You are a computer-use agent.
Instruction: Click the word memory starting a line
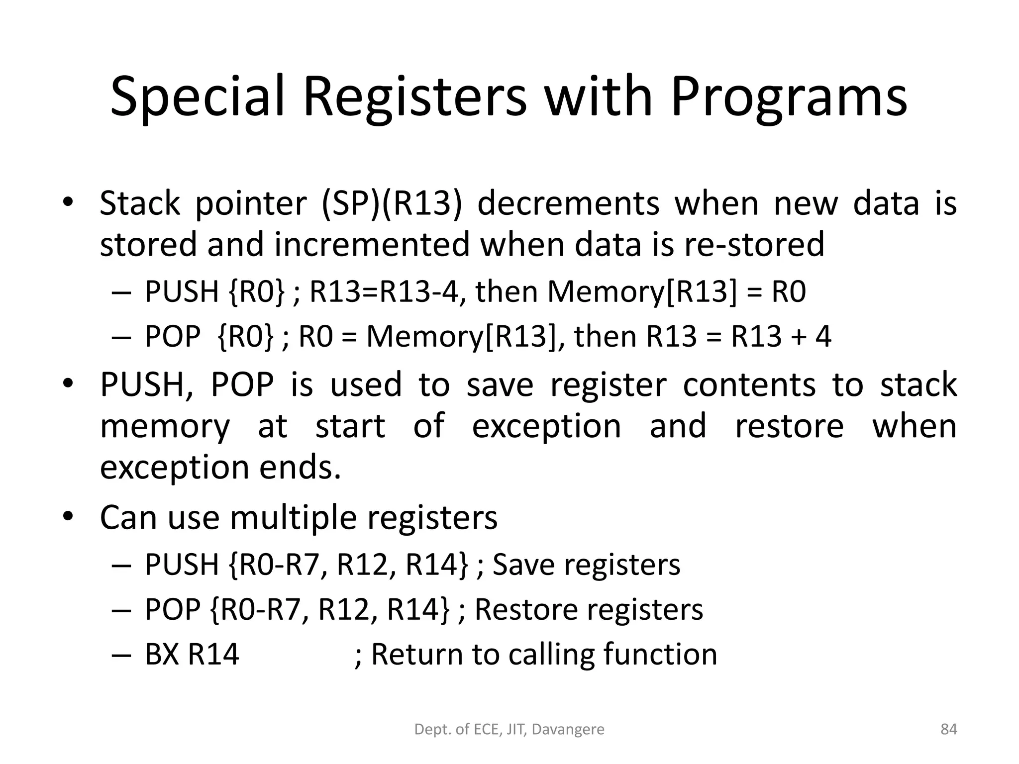[x=165, y=427]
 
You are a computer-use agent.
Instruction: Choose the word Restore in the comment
[x=522, y=610]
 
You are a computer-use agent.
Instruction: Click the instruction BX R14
[x=192, y=655]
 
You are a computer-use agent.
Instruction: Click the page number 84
[x=949, y=730]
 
